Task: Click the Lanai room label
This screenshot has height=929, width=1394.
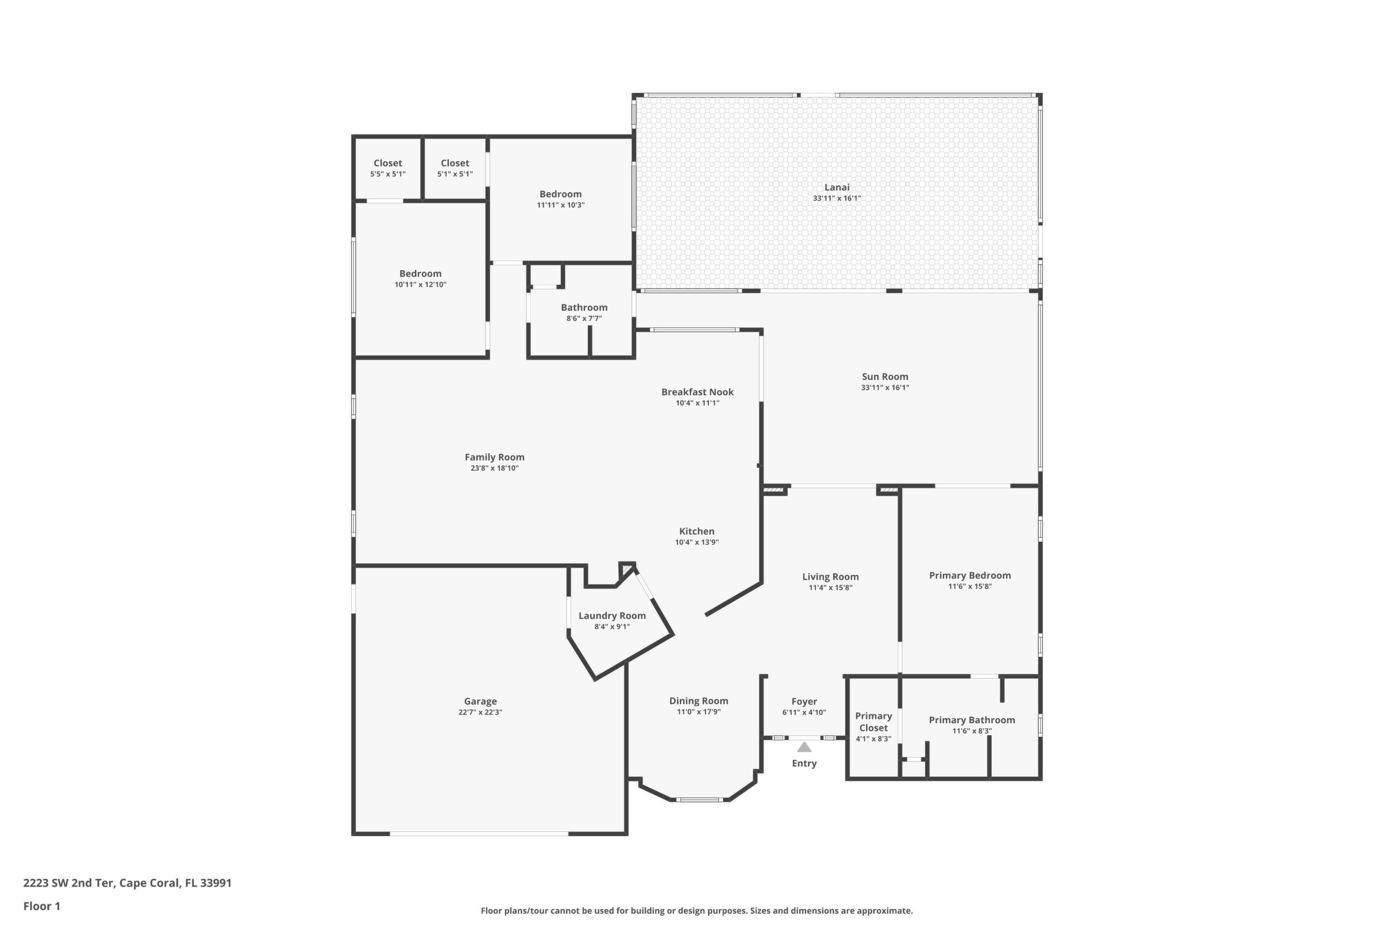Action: point(836,187)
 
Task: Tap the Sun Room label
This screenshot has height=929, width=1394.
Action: point(885,376)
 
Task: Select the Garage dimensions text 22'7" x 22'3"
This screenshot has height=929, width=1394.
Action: point(480,712)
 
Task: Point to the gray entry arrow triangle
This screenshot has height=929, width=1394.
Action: point(804,746)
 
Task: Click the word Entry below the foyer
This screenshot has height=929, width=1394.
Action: point(804,763)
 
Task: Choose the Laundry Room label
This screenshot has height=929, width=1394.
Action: point(612,616)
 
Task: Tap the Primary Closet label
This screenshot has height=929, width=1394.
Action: point(873,722)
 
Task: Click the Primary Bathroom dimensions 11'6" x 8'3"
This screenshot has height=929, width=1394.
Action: point(972,731)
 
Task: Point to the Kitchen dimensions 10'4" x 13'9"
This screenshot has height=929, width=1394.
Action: point(697,542)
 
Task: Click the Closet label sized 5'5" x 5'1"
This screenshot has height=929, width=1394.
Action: point(388,163)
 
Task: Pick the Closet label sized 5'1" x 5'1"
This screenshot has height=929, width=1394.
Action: point(455,163)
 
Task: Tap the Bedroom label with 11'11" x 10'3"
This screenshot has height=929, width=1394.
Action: point(561,194)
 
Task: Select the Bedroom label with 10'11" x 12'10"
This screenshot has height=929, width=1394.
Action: point(420,273)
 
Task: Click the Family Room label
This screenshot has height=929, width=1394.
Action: point(494,457)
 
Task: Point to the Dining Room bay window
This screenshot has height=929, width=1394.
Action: point(699,800)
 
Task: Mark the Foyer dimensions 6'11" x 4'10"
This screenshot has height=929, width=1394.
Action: point(804,713)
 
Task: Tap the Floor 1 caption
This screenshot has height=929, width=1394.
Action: point(41,906)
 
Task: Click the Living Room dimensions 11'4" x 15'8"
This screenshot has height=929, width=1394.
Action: point(830,588)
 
